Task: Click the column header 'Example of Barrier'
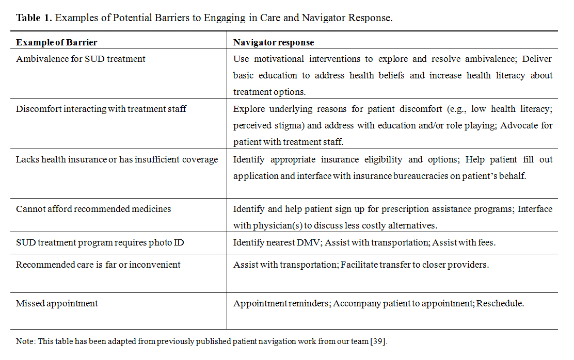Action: pos(57,42)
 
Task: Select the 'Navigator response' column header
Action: pos(274,42)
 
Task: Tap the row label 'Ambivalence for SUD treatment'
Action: pos(81,59)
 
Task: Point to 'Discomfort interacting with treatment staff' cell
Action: pos(101,109)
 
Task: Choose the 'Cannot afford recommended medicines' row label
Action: pos(93,209)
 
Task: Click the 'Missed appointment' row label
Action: pos(57,303)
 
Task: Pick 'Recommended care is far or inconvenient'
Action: pos(98,265)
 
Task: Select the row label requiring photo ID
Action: pos(100,242)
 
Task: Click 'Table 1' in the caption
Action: pos(34,18)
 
